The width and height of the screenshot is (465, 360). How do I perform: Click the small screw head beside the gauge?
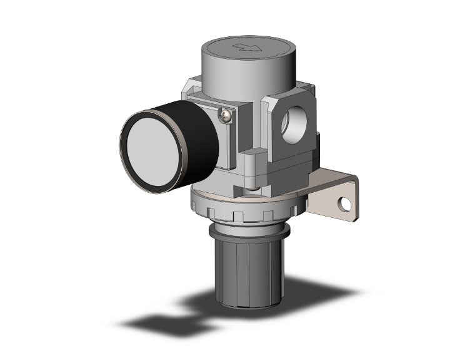226,113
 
